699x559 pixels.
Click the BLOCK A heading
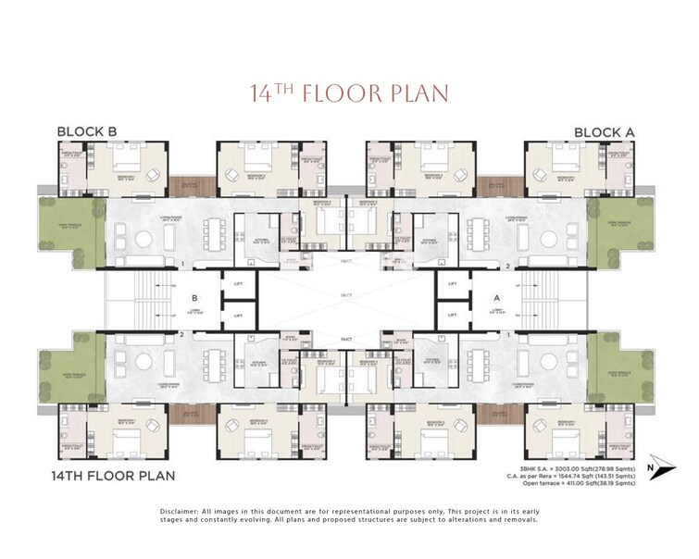click(605, 131)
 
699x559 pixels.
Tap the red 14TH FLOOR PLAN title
click(349, 93)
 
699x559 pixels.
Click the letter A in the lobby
click(496, 298)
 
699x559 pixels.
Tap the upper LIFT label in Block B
click(238, 283)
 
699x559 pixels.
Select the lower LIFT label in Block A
click(453, 316)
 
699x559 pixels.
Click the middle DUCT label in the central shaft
click(345, 297)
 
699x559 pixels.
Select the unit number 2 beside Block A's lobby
click(508, 265)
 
